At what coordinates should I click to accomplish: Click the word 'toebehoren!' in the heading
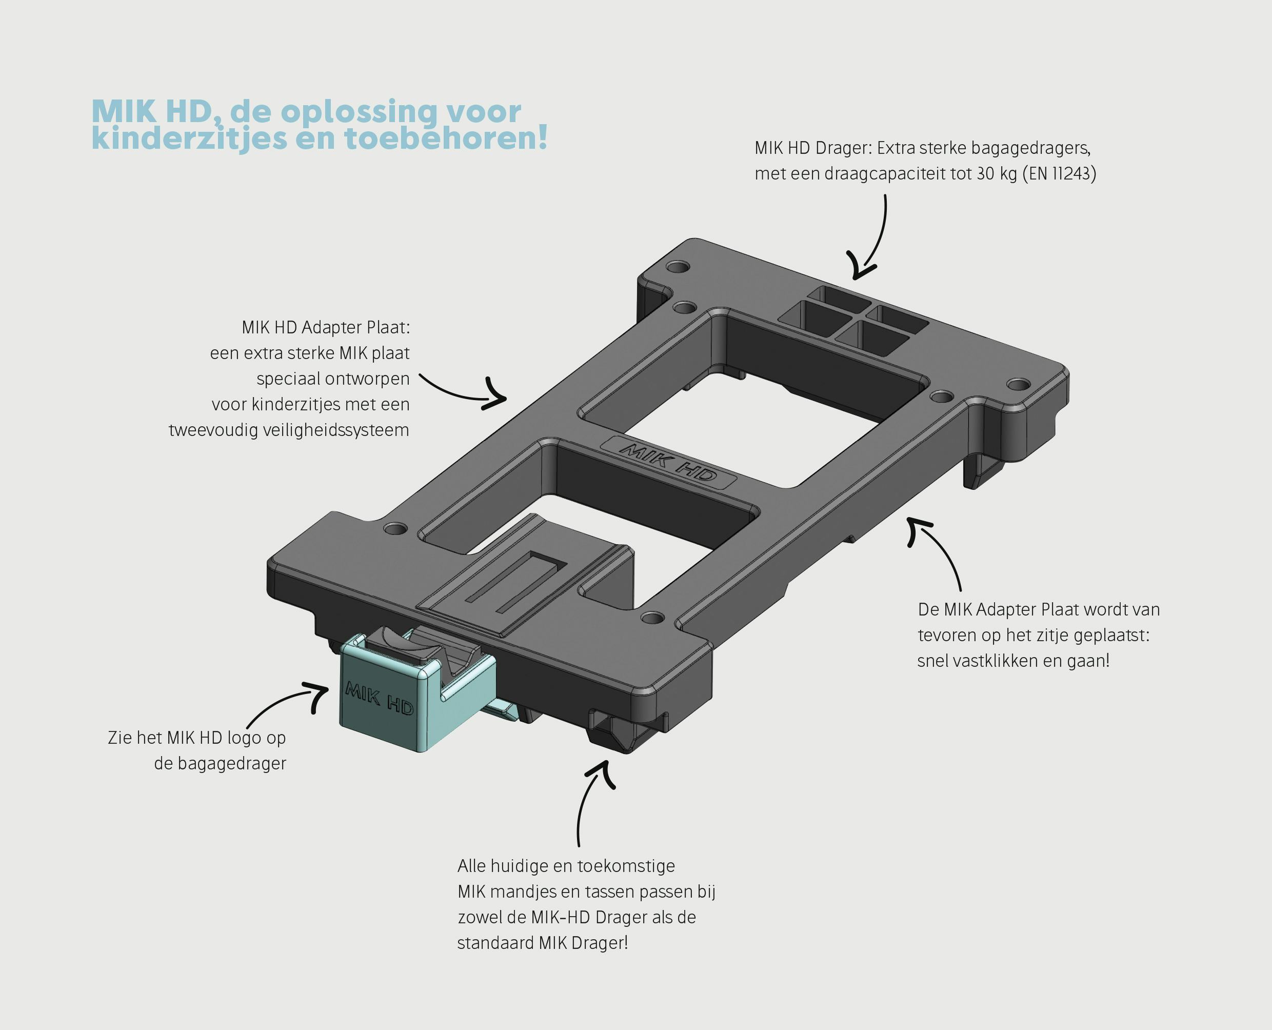click(446, 139)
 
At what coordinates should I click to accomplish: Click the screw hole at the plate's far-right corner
click(1019, 385)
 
